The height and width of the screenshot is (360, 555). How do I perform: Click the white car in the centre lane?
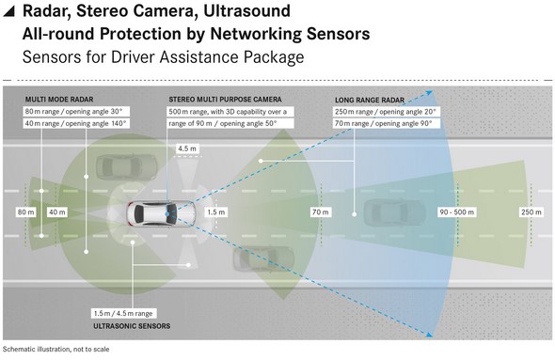(x=161, y=213)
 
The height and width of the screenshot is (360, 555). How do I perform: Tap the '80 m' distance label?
(x=26, y=212)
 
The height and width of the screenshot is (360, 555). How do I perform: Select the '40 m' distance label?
(x=57, y=212)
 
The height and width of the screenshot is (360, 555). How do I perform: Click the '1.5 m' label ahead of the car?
(x=216, y=212)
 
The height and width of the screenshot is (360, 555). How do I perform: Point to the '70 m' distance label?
(x=321, y=212)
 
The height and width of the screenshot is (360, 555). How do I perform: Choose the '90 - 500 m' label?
(x=456, y=212)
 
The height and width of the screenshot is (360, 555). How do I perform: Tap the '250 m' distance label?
(x=531, y=212)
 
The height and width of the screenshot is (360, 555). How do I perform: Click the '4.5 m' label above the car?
(x=187, y=149)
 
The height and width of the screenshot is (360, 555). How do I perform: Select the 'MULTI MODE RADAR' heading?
(x=59, y=100)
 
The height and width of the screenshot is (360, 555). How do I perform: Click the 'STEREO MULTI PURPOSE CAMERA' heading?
(x=225, y=100)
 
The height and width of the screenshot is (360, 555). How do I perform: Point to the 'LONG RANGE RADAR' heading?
(x=370, y=100)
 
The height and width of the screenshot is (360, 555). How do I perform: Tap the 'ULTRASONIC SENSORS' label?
(x=132, y=326)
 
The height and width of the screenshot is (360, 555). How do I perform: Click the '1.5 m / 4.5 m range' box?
(x=123, y=313)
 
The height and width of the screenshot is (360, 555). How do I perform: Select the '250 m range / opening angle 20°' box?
(x=387, y=112)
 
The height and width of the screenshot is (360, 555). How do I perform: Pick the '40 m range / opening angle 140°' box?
(x=76, y=123)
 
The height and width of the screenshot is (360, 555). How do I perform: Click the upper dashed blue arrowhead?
(x=429, y=93)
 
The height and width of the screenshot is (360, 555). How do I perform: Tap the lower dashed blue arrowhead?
(x=429, y=335)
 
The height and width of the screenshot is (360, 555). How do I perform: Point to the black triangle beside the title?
(x=8, y=11)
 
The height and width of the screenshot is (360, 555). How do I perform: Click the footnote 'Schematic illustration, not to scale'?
(x=56, y=350)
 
